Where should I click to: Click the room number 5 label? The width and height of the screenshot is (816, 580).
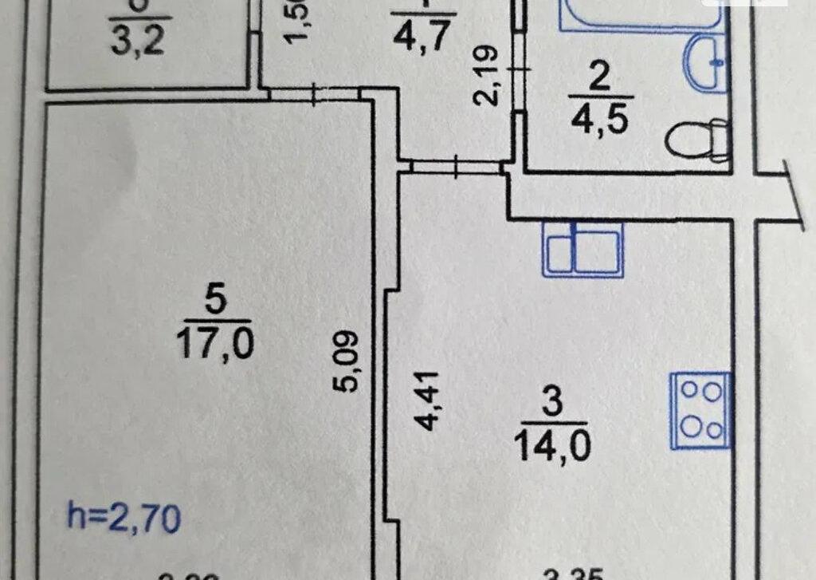click(215, 301)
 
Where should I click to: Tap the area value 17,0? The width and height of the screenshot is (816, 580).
click(215, 344)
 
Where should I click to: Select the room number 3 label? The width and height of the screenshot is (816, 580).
click(551, 401)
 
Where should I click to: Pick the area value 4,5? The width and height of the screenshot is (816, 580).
click(599, 121)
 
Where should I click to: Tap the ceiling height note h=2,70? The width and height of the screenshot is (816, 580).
click(124, 519)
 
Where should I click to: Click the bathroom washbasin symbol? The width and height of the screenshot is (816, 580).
click(708, 62)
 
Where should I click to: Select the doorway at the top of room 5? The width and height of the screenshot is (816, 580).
click(316, 94)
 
